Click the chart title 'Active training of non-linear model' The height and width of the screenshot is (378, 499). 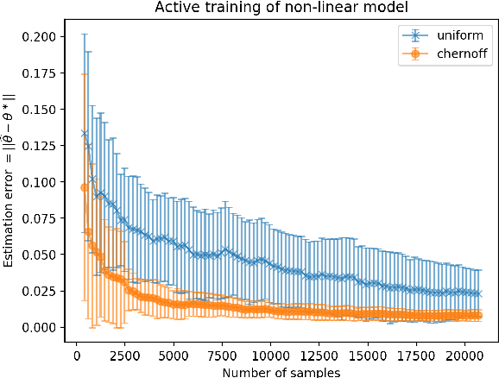click(281, 9)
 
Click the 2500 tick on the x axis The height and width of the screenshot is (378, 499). click(125, 355)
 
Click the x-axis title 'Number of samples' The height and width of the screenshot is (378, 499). click(281, 371)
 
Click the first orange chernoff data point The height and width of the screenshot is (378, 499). click(85, 187)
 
